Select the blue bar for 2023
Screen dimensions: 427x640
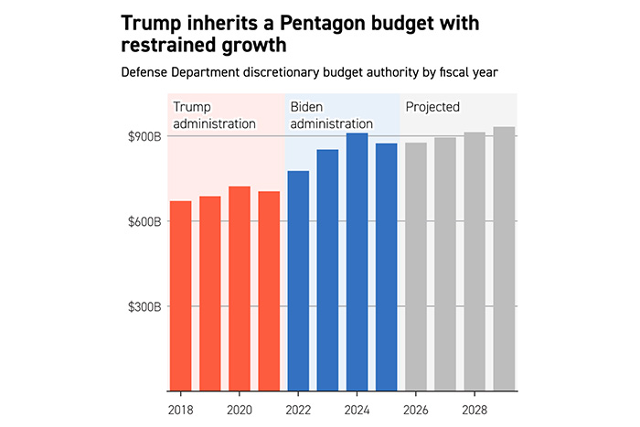(327, 271)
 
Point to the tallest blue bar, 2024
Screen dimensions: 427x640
(357, 262)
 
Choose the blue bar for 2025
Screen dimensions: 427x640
(386, 268)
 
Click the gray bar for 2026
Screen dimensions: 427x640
(416, 267)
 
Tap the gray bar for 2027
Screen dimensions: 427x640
(445, 264)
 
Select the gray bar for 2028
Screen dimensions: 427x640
(475, 262)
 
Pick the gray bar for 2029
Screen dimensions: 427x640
(504, 260)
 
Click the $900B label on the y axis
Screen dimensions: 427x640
(144, 137)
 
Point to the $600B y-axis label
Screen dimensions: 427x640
(144, 222)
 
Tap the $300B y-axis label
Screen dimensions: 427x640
(144, 307)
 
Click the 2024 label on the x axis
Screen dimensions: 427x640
(357, 411)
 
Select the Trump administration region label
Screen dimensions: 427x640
(214, 115)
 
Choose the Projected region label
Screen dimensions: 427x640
(432, 107)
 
